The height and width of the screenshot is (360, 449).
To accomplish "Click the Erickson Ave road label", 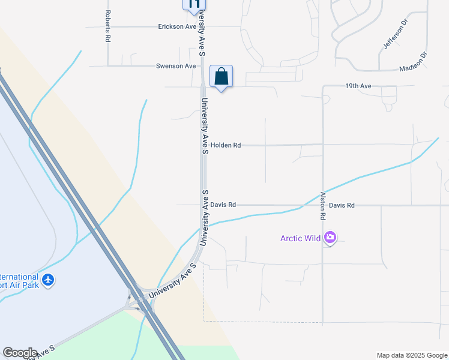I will [x=177, y=27].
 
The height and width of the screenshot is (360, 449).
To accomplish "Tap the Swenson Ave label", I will [x=176, y=66].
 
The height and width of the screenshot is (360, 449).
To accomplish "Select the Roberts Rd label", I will [x=108, y=26].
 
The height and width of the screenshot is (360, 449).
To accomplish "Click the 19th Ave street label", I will [x=358, y=86].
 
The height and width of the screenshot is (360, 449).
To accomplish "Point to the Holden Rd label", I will [x=225, y=145].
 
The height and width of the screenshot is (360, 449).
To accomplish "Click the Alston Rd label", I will [x=323, y=205].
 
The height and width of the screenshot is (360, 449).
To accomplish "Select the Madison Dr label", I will [x=413, y=62].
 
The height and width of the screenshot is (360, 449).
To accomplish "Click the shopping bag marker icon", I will [x=221, y=77].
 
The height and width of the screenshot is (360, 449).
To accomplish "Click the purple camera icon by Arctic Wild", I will [x=330, y=238].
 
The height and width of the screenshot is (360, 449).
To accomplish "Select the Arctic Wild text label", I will [x=301, y=238].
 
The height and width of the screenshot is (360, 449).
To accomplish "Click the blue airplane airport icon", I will [x=49, y=280].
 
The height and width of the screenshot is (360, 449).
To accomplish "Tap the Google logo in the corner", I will [x=20, y=353].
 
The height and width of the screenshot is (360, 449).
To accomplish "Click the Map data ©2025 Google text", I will [x=411, y=355].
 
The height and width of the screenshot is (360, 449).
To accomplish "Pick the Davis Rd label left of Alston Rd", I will [x=223, y=205].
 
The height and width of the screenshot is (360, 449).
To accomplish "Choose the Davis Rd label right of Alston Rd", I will [x=342, y=205].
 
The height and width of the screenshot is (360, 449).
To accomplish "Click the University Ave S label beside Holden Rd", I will [x=204, y=127].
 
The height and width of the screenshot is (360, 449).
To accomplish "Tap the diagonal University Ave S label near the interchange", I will [x=173, y=281].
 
